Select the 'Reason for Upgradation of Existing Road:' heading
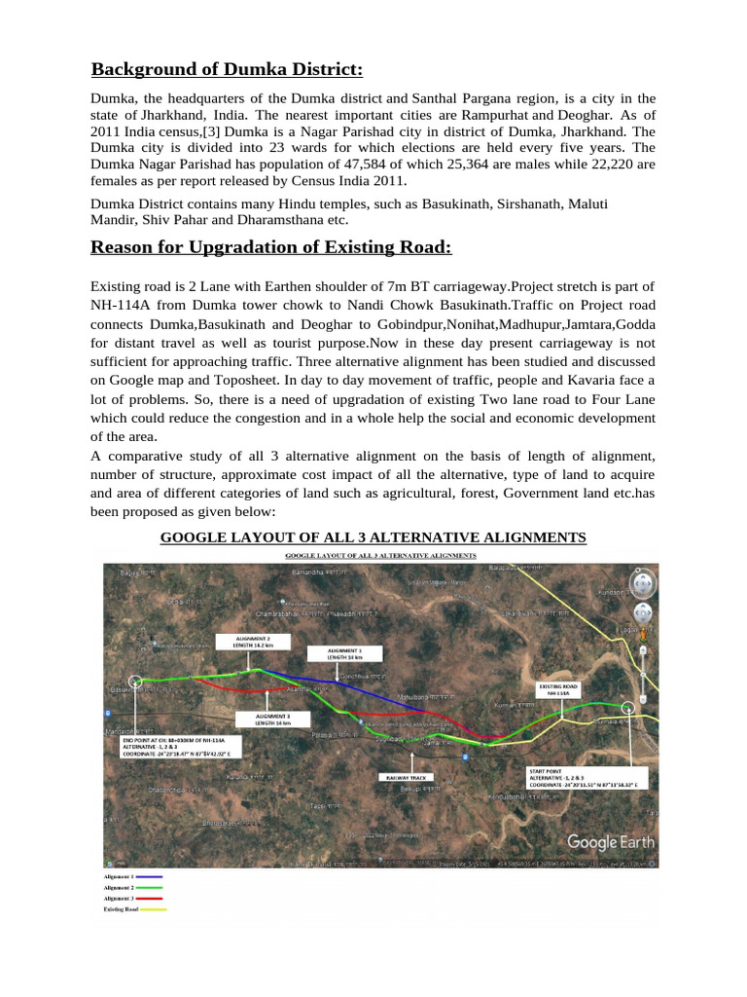271,246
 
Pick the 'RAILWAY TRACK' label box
405,778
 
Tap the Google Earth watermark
610,841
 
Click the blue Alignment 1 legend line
151,877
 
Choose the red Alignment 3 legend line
151,899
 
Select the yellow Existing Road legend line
154,909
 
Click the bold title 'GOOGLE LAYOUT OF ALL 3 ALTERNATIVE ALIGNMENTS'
373,537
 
